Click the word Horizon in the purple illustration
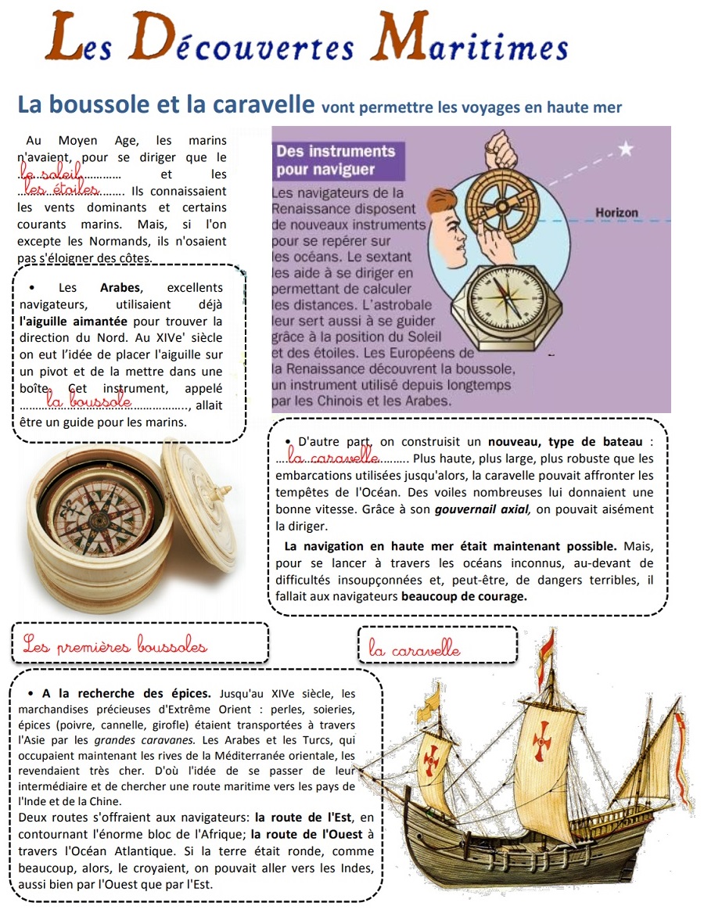(x=616, y=212)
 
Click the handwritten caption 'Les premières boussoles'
(x=115, y=645)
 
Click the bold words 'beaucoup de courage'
(x=464, y=595)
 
